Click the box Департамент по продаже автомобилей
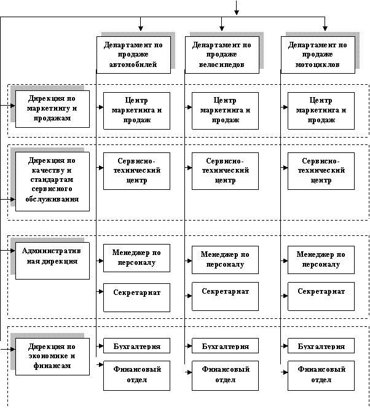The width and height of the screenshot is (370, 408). (x=133, y=55)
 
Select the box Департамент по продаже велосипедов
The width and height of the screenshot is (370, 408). (x=222, y=55)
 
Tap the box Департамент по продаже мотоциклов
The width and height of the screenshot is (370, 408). (x=318, y=55)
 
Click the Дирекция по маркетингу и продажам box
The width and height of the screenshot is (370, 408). (x=52, y=109)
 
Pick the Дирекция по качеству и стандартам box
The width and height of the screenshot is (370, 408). (x=52, y=182)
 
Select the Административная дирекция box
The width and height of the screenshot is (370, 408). (x=52, y=261)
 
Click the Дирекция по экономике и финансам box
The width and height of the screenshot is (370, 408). (x=52, y=356)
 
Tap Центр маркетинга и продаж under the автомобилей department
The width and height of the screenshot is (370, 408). (x=136, y=111)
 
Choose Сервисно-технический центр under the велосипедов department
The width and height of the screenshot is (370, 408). (x=225, y=171)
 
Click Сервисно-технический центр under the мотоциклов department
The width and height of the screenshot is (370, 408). (x=321, y=171)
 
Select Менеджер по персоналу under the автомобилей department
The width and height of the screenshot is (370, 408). (x=136, y=258)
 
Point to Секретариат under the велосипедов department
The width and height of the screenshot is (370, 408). (x=225, y=296)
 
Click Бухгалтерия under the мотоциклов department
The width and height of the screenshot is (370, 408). (x=321, y=345)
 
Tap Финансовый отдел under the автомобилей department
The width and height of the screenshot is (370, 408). (x=136, y=375)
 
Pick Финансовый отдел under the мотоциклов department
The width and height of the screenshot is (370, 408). (x=321, y=375)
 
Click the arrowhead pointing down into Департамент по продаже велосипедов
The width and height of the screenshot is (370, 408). (x=222, y=28)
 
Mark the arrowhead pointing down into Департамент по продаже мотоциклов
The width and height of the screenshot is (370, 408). (x=325, y=28)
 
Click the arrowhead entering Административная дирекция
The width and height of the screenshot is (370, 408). (x=12, y=251)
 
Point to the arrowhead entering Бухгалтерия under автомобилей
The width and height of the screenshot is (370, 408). (x=101, y=346)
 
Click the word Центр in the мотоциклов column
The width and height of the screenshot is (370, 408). (x=321, y=100)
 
